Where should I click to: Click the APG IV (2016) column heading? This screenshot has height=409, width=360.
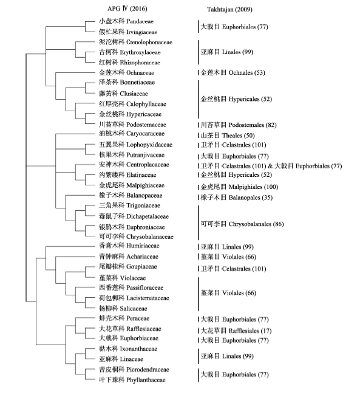coord(127,9)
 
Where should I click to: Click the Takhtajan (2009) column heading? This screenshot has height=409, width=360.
coord(229,9)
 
